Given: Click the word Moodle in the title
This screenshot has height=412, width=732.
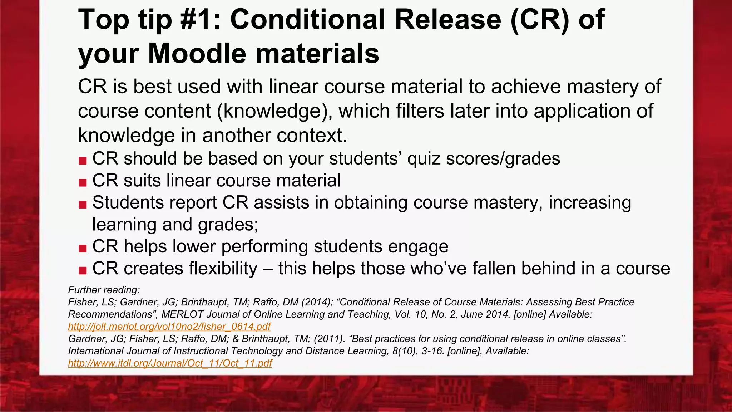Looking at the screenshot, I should [x=197, y=54].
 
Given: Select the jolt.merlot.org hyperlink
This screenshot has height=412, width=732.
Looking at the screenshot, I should [x=169, y=327].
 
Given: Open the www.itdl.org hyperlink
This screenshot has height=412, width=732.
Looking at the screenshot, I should [x=170, y=363].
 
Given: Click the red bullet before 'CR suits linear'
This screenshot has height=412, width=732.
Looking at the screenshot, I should [x=83, y=182].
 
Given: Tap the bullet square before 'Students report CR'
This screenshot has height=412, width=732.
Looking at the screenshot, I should [x=83, y=205].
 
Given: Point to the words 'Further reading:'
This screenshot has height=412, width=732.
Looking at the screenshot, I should [x=104, y=290].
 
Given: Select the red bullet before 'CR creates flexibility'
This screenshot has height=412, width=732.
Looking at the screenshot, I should [x=83, y=270].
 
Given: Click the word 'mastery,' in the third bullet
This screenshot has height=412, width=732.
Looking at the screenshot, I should [x=508, y=203].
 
